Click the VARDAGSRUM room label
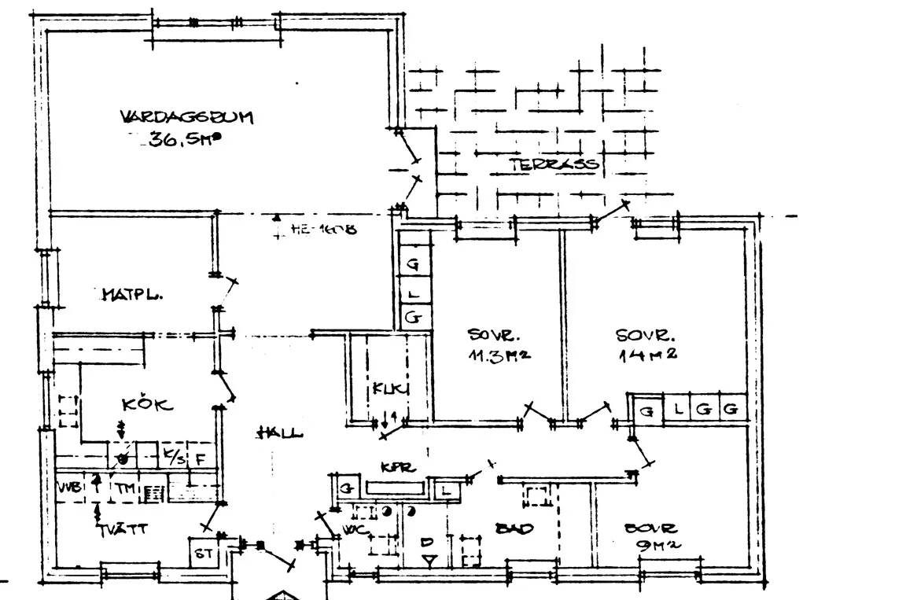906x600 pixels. point(186,118)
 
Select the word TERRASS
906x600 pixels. point(553,164)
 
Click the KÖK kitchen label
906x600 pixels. point(147,405)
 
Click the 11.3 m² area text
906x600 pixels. point(499,354)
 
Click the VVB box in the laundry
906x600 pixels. point(69,488)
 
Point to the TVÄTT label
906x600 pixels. point(123,529)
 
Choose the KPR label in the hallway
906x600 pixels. point(392,466)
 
